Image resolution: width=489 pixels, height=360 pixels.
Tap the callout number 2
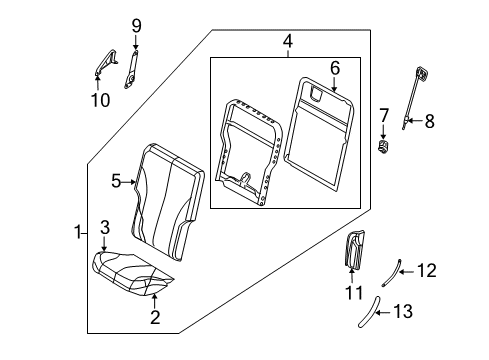click(x=155, y=318)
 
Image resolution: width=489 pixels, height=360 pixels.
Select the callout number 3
click(x=104, y=230)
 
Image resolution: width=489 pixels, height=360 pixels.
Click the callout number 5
click(x=116, y=181)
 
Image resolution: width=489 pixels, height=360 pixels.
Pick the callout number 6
click(x=335, y=68)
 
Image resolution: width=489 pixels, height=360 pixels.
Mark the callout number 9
click(x=137, y=25)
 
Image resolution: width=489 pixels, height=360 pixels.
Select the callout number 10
click(x=99, y=99)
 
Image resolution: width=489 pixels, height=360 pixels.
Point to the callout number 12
click(x=426, y=270)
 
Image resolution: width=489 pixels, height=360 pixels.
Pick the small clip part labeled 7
click(x=382, y=148)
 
